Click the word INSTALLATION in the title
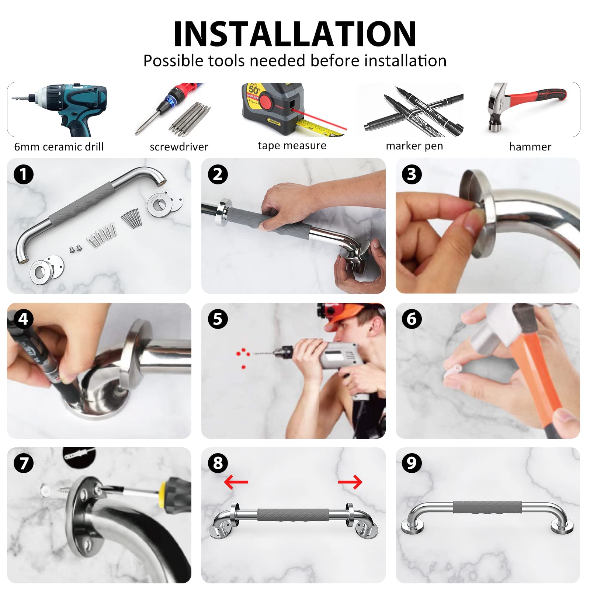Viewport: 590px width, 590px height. tap(295, 34)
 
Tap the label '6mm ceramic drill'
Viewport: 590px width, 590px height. tap(59, 147)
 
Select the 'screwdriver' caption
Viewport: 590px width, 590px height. tap(179, 147)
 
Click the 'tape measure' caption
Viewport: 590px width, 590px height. tap(292, 145)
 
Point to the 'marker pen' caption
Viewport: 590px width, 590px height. tap(414, 146)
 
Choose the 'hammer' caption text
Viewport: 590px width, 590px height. tap(530, 147)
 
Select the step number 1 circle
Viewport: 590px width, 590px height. tap(24, 174)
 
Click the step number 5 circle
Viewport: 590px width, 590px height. tap(218, 319)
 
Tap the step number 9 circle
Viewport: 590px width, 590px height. tap(412, 463)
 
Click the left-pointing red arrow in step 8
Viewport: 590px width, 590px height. tap(236, 482)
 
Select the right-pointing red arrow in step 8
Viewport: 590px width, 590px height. tap(350, 482)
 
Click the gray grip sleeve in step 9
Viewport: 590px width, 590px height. tap(487, 507)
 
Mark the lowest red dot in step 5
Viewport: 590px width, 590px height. tap(243, 367)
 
